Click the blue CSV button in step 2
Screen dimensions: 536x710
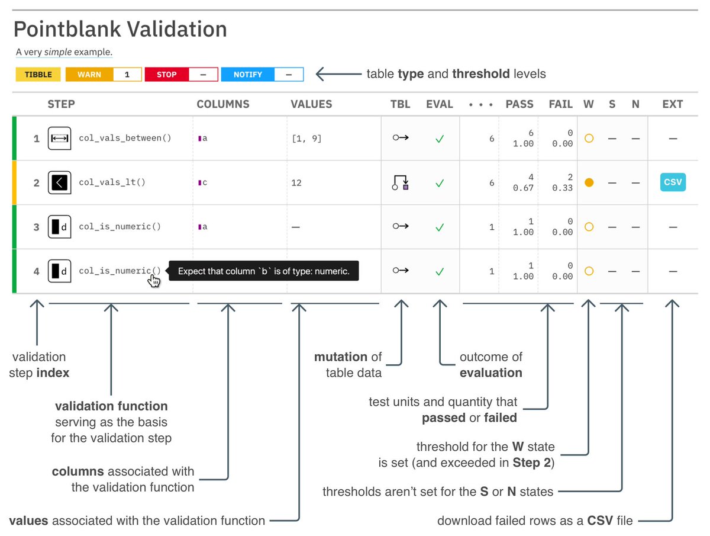coord(672,182)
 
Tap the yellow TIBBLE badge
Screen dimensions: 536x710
coord(38,75)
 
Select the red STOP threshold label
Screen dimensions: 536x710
coord(167,75)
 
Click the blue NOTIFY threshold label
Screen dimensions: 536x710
coord(247,75)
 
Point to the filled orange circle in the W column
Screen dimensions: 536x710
coord(588,182)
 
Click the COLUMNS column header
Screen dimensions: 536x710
coord(222,104)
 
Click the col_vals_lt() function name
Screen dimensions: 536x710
coord(112,182)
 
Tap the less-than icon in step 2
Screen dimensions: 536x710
coord(60,182)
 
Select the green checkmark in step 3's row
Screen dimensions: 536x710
coord(439,227)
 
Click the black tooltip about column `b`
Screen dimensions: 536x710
coord(264,271)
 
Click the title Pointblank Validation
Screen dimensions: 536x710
coord(120,29)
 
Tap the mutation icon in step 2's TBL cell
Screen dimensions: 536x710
coord(401,182)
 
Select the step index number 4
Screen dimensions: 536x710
coord(37,271)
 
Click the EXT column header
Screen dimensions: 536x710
coord(672,104)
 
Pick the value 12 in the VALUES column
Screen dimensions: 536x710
coord(296,182)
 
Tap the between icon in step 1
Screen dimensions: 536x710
coord(60,138)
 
